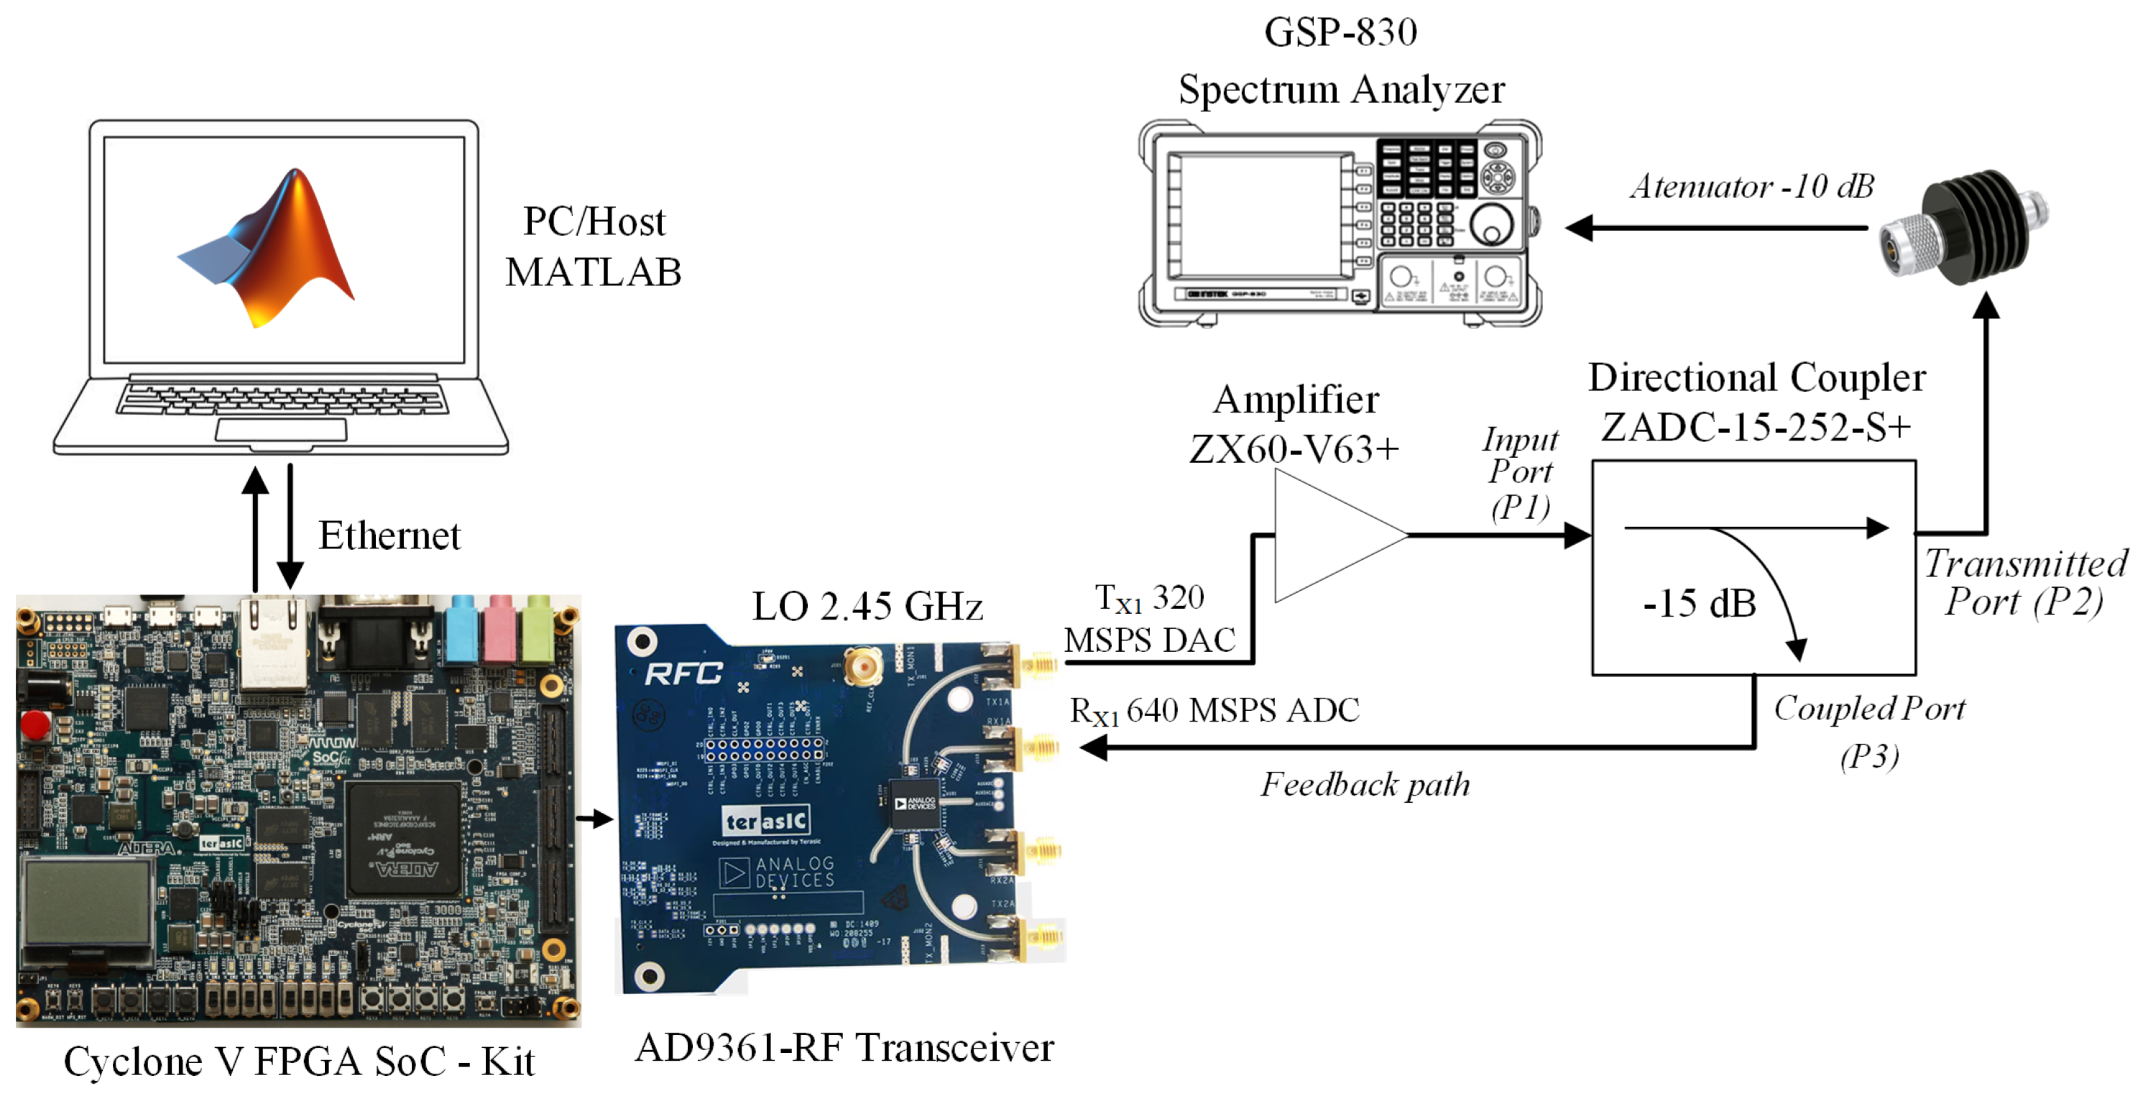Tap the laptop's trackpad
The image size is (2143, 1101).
pyautogui.click(x=281, y=430)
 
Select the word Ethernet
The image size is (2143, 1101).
pyautogui.click(x=389, y=535)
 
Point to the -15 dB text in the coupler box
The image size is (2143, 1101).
pyautogui.click(x=1699, y=604)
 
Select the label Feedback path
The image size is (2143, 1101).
pyautogui.click(x=1364, y=784)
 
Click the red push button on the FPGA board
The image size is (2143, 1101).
pyautogui.click(x=35, y=723)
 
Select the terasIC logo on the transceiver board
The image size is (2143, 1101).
pyautogui.click(x=766, y=821)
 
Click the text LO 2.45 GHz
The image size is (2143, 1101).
pyautogui.click(x=867, y=606)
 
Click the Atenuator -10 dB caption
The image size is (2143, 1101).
pyautogui.click(x=1751, y=186)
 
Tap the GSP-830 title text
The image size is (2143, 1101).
pyautogui.click(x=1340, y=32)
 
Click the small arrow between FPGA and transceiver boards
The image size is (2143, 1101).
pyautogui.click(x=595, y=819)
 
